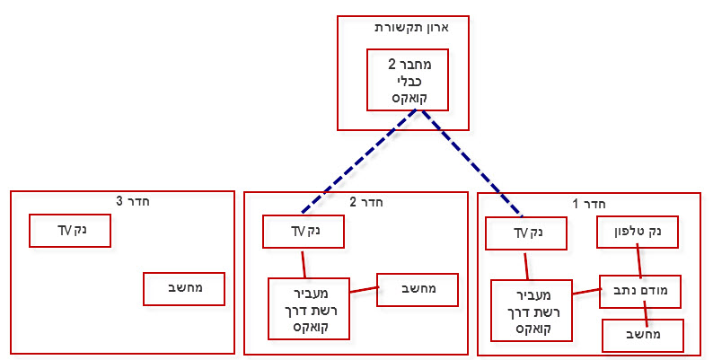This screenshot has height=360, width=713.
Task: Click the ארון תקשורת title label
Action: (411, 28)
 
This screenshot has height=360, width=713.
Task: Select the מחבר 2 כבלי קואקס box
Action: (408, 80)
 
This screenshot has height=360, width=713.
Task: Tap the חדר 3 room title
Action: (133, 201)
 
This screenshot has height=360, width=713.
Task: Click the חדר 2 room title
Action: (366, 202)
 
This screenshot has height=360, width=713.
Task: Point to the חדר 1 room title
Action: (589, 204)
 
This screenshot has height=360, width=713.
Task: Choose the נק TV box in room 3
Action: (70, 231)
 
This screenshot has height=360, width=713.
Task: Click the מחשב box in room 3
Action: (184, 289)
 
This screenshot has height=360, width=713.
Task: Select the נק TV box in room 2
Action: (304, 232)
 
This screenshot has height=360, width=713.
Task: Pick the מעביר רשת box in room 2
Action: (309, 309)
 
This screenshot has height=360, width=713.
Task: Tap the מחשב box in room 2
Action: (418, 290)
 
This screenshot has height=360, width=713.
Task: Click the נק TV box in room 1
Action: (526, 233)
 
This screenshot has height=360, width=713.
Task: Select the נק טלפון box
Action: (638, 232)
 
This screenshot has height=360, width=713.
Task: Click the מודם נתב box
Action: (640, 292)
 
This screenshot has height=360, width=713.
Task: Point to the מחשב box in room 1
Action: (643, 336)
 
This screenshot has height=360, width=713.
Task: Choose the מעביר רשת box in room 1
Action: (532, 311)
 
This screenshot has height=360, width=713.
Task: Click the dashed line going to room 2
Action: (359, 162)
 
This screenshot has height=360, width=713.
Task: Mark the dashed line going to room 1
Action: (471, 162)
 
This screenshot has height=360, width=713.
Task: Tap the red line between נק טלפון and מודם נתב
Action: (638, 261)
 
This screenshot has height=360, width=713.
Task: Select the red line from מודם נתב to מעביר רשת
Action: (587, 291)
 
